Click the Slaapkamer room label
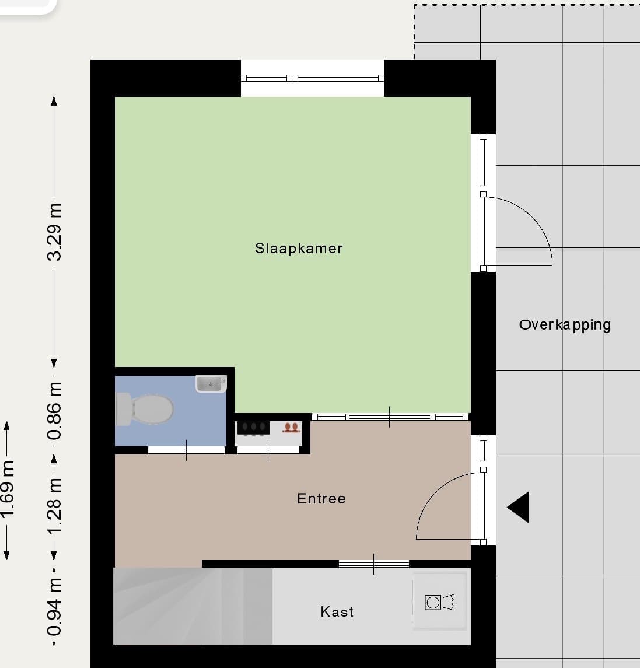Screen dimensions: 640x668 299,249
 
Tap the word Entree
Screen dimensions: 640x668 321,498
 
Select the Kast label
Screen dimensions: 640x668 337,612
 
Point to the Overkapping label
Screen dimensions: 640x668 565,325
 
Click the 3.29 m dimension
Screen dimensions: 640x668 54,232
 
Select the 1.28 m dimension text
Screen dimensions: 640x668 54,506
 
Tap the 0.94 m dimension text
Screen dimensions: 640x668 54,607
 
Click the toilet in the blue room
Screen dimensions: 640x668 144,410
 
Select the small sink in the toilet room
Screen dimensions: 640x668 211,384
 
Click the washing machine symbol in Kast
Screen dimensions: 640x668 439,603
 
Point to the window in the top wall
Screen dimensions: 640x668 312,78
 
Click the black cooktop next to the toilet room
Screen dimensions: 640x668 253,428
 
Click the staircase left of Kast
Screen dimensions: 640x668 193,606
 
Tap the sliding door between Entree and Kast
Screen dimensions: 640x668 374,564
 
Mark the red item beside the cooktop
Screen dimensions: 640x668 291,427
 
